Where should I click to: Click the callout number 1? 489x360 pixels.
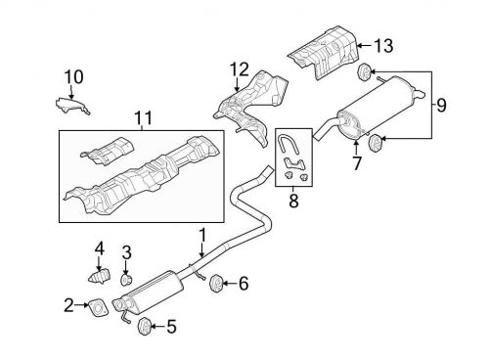pyautogui.click(x=203, y=235)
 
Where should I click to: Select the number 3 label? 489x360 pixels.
pyautogui.click(x=126, y=254)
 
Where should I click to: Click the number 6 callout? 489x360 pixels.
pyautogui.click(x=244, y=285)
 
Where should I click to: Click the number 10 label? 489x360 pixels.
pyautogui.click(x=75, y=75)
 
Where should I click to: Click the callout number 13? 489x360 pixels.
pyautogui.click(x=384, y=45)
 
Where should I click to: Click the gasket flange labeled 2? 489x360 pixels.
pyautogui.click(x=100, y=309)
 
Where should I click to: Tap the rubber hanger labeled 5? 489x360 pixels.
pyautogui.click(x=145, y=325)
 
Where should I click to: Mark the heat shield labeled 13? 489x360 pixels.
pyautogui.click(x=323, y=45)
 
